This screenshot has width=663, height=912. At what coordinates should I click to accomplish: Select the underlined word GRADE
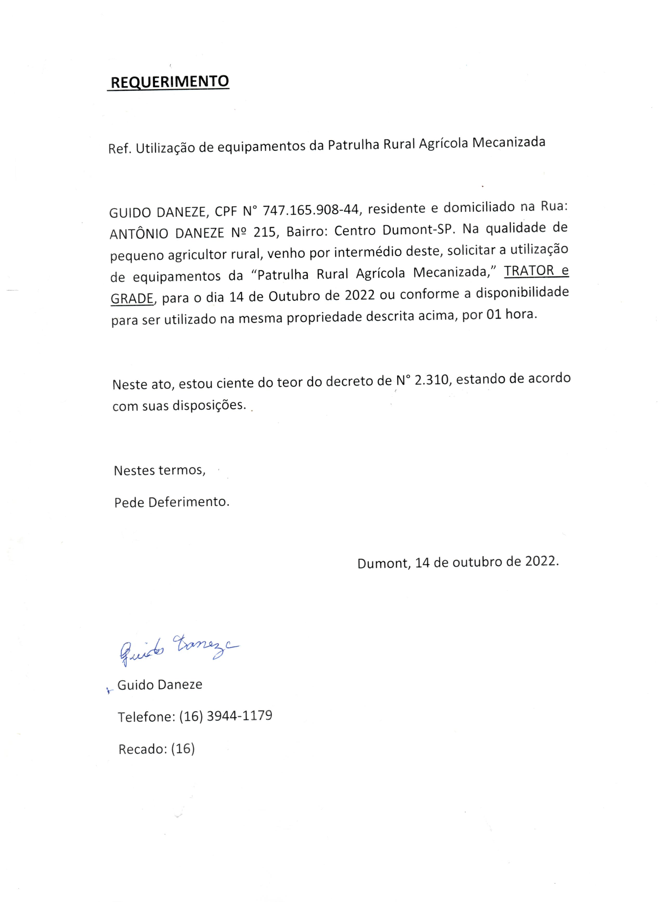[x=132, y=298]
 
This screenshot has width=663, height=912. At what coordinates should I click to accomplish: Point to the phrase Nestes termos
[x=160, y=470]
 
